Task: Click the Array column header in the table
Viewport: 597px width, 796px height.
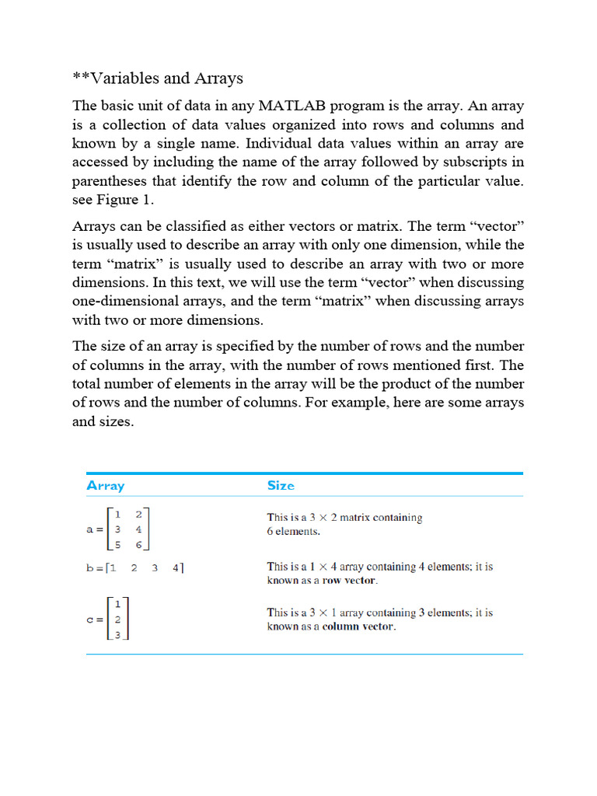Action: click(x=105, y=486)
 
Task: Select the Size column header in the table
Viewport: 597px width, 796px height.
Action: click(x=281, y=486)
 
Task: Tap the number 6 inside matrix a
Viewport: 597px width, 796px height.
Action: click(x=138, y=546)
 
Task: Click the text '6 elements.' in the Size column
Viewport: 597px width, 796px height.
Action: click(x=294, y=532)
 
